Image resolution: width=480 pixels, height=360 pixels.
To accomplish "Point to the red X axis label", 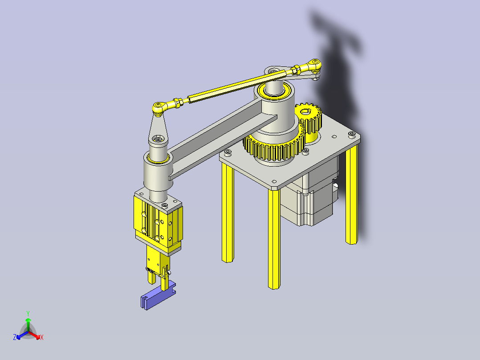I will click(42, 338).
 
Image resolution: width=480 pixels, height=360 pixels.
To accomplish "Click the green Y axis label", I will click(28, 313).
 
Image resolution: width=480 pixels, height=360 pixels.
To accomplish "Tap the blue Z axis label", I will click(15, 337).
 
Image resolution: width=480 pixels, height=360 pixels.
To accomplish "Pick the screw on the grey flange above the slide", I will click(165, 205).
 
